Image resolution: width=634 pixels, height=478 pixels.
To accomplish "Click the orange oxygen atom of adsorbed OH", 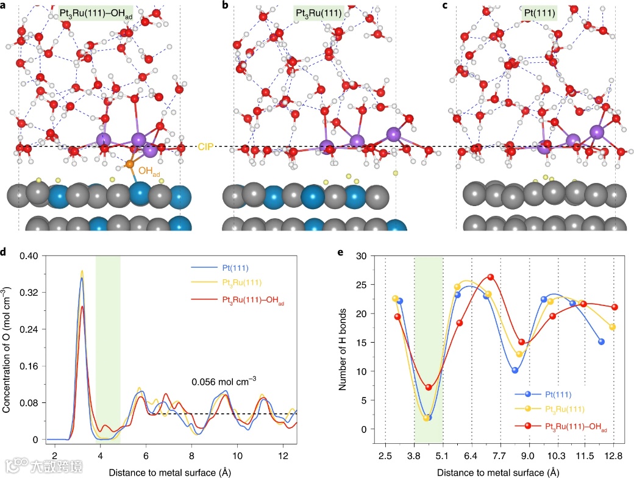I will coord(130,165).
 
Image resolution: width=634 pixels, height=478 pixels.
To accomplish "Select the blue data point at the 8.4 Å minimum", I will coord(515,370).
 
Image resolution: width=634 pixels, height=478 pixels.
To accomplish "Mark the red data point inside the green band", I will coord(429,387).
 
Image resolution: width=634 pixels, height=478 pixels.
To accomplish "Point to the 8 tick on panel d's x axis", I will coord(191,456).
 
